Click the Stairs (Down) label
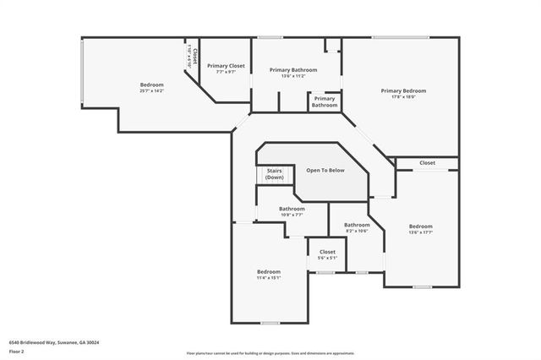click(x=274, y=174)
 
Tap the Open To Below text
click(x=325, y=171)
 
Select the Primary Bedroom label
click(x=403, y=90)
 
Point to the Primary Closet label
click(x=226, y=65)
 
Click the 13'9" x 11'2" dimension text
click(x=293, y=76)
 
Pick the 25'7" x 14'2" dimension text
click(x=152, y=90)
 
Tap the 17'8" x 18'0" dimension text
click(x=403, y=96)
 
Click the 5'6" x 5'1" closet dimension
click(x=327, y=258)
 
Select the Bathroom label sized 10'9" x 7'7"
click(x=292, y=209)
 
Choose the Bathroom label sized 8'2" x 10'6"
click(x=357, y=225)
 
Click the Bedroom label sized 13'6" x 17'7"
click(x=420, y=226)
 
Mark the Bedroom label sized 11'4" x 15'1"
click(x=268, y=271)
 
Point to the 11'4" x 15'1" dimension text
click(x=268, y=277)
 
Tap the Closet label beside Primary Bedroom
click(x=427, y=163)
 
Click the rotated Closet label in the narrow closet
click(x=194, y=57)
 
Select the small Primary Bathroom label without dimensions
click(x=324, y=102)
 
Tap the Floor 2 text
click(x=17, y=351)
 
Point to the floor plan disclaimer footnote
click(x=270, y=352)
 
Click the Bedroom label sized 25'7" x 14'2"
click(x=152, y=85)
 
